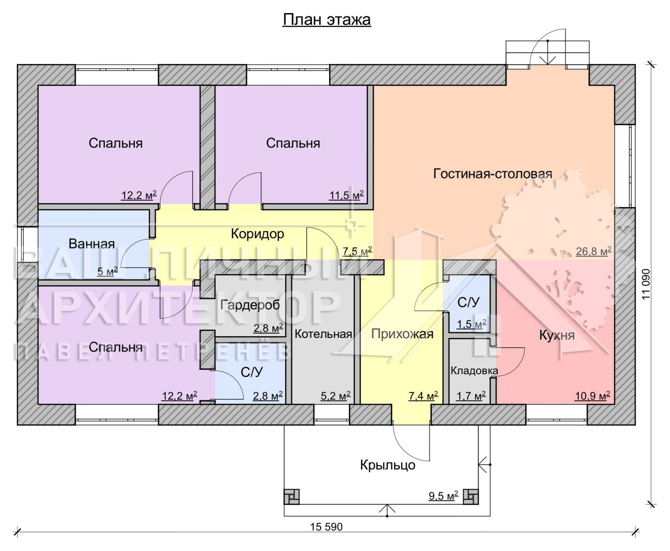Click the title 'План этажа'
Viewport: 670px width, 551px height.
pyautogui.click(x=327, y=19)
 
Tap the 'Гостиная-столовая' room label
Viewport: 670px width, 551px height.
pyautogui.click(x=493, y=174)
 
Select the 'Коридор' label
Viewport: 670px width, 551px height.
pyautogui.click(x=258, y=234)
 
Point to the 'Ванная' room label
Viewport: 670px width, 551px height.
pyautogui.click(x=92, y=244)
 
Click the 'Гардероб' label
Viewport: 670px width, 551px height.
pyautogui.click(x=250, y=305)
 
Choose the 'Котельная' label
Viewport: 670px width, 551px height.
pyautogui.click(x=323, y=334)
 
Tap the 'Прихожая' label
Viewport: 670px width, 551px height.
pyautogui.click(x=402, y=334)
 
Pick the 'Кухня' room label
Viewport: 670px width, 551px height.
pyautogui.click(x=557, y=335)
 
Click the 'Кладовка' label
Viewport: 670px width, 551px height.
pyautogui.click(x=474, y=371)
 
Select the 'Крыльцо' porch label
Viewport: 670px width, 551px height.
pyautogui.click(x=388, y=465)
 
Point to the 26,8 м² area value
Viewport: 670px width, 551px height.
pyautogui.click(x=593, y=252)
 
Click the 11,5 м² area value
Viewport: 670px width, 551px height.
pyautogui.click(x=346, y=195)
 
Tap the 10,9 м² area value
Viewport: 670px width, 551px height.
pyautogui.click(x=593, y=396)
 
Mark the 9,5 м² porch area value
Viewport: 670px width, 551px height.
pyautogui.click(x=443, y=496)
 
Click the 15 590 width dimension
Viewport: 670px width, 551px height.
pyautogui.click(x=326, y=527)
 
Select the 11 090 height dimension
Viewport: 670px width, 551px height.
pyautogui.click(x=646, y=284)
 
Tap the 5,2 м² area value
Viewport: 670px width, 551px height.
pyautogui.click(x=335, y=396)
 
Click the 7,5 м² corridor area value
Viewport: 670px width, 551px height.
pyautogui.click(x=357, y=252)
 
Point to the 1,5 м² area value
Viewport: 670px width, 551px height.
pyautogui.click(x=472, y=324)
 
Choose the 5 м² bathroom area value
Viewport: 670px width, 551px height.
pyautogui.click(x=107, y=272)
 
